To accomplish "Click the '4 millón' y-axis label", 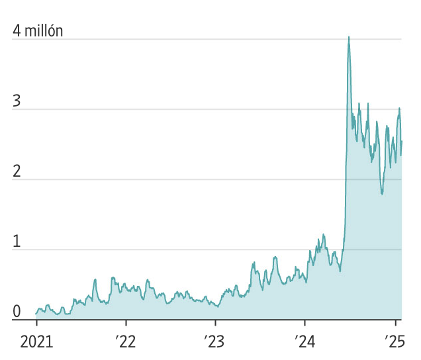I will (x=38, y=30).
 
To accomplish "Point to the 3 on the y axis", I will (x=16, y=101).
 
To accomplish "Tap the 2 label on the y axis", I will (x=16, y=171).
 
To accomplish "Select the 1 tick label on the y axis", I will (x=16, y=242).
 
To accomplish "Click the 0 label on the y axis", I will (x=16, y=312).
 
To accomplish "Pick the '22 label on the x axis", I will (x=125, y=343).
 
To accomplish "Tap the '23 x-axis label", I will (x=215, y=343).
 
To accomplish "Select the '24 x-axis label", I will (x=304, y=343).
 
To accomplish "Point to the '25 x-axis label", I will (x=395, y=343).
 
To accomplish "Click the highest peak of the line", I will (x=349, y=37).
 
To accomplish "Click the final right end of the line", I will (x=402, y=141).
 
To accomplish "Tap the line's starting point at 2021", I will (x=36, y=313).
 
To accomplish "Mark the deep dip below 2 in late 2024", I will (x=382, y=193).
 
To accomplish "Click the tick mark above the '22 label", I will (x=126, y=324).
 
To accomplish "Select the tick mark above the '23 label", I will (x=215, y=324).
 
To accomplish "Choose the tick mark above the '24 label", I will (x=304, y=324).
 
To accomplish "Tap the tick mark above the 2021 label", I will (x=36, y=324).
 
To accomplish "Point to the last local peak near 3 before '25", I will (x=399, y=108).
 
